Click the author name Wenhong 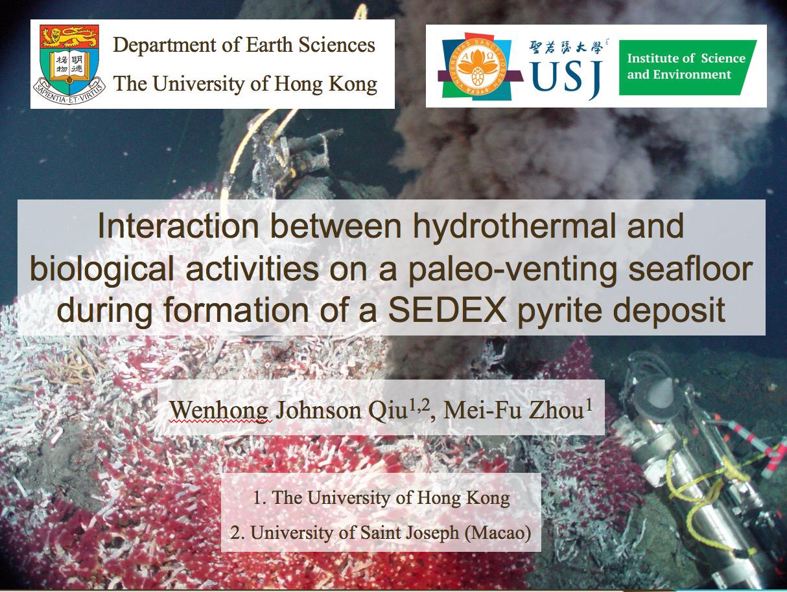[x=219, y=410]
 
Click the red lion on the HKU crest [x=69, y=36]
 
